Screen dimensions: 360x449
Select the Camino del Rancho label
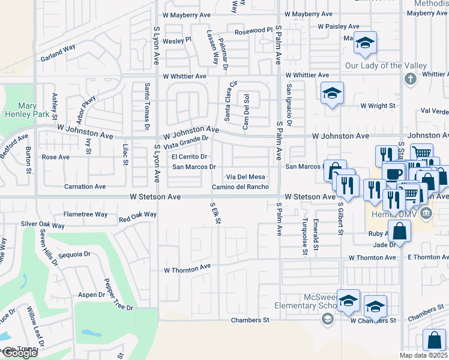(240, 187)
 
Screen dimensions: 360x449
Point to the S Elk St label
(214, 214)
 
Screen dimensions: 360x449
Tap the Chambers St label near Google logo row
(249, 320)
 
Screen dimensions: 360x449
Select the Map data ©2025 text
(424, 355)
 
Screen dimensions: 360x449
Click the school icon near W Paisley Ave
(364, 42)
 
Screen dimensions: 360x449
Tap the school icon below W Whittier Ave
(332, 93)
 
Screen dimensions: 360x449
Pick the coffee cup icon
(394, 173)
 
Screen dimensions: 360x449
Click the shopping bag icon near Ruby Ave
(400, 230)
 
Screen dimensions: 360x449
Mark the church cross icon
(410, 79)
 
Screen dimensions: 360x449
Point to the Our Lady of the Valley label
(385, 65)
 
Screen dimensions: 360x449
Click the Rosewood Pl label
(253, 30)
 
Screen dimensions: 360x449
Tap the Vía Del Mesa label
(245, 176)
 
